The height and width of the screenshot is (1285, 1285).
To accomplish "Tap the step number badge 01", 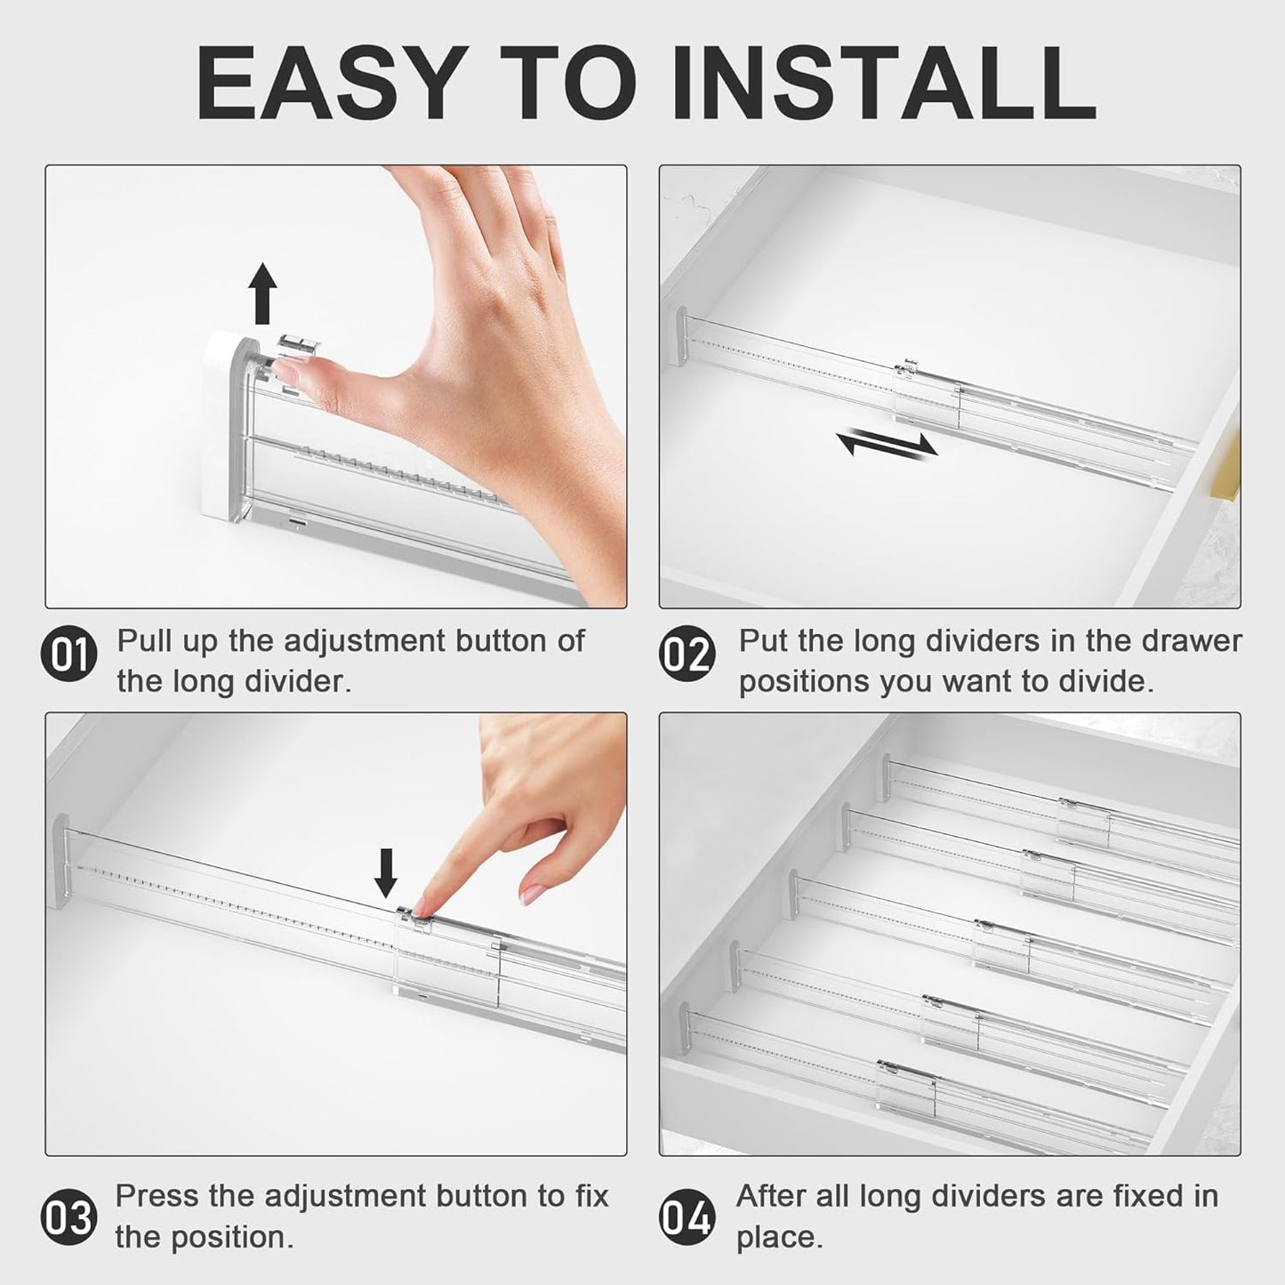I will pyautogui.click(x=68, y=655).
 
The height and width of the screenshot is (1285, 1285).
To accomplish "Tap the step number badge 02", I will pyautogui.click(x=687, y=655).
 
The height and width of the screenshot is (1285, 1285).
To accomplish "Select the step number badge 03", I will pyautogui.click(x=68, y=1216).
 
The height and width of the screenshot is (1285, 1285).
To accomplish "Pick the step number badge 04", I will pyautogui.click(x=687, y=1217).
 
